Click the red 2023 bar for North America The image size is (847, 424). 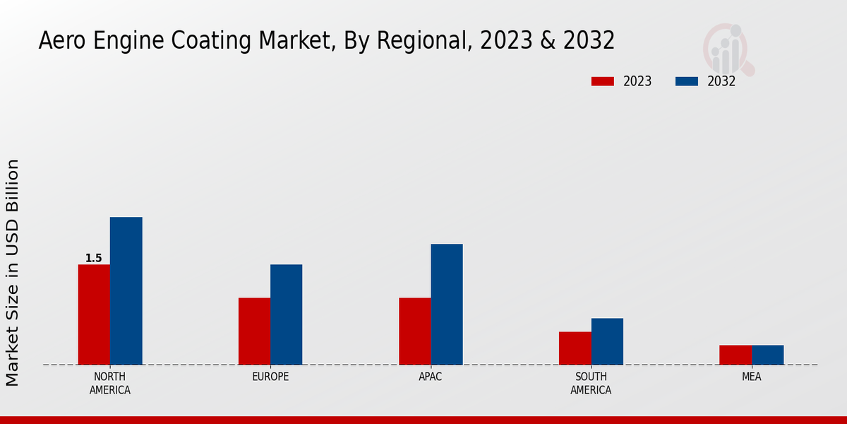pos(94,314)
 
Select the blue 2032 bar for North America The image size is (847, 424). pos(126,290)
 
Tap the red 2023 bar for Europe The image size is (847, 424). pos(254,331)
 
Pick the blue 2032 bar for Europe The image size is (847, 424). pos(286,314)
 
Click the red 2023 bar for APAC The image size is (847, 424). pos(414,331)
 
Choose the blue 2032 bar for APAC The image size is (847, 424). pos(447,304)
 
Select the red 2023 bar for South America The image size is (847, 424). pos(575,348)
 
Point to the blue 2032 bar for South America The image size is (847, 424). pos(607,341)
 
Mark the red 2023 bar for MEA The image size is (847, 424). pos(735,355)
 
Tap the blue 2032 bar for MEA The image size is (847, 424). pos(767,355)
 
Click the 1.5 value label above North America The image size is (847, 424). pos(94,259)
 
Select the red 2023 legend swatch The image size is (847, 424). pos(602,81)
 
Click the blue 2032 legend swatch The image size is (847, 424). pos(686,81)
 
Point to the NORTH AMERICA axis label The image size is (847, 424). pos(110,383)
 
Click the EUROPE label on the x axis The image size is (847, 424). pos(270,377)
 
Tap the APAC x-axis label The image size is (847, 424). pos(431,377)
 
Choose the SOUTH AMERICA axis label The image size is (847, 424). pos(591,383)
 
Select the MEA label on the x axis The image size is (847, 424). pos(751,377)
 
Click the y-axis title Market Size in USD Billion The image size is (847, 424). pos(13,272)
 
